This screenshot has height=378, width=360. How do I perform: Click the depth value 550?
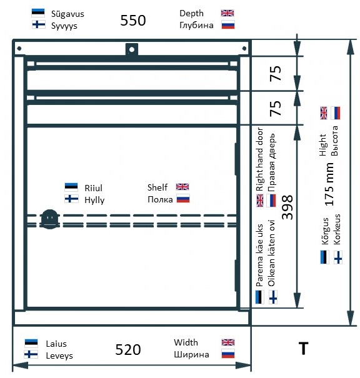click(133, 20)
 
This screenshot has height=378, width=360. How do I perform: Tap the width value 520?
click(127, 349)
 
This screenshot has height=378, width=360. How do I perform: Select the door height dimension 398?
click(287, 207)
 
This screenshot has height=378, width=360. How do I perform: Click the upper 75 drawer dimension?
click(276, 73)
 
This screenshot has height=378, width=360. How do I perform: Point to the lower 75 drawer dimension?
click(276, 109)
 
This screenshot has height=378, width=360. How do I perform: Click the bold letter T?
click(303, 349)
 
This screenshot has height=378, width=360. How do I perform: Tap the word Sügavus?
click(67, 14)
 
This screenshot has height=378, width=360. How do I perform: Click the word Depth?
click(191, 14)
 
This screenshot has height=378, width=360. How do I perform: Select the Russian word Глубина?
click(196, 26)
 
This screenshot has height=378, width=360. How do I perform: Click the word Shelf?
click(157, 187)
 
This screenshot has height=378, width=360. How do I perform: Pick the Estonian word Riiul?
click(93, 188)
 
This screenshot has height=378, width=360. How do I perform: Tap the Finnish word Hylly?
click(94, 200)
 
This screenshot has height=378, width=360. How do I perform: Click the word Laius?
click(56, 344)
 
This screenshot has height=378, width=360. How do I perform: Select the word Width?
click(186, 342)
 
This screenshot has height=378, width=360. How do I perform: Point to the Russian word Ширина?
click(191, 355)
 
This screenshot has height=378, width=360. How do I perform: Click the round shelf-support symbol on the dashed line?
click(49, 219)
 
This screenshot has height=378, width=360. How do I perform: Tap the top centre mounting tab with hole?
click(132, 49)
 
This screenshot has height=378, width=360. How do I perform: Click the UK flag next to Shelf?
click(182, 187)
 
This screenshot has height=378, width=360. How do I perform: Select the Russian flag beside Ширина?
click(228, 354)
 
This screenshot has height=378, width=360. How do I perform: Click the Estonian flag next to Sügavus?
click(38, 13)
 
